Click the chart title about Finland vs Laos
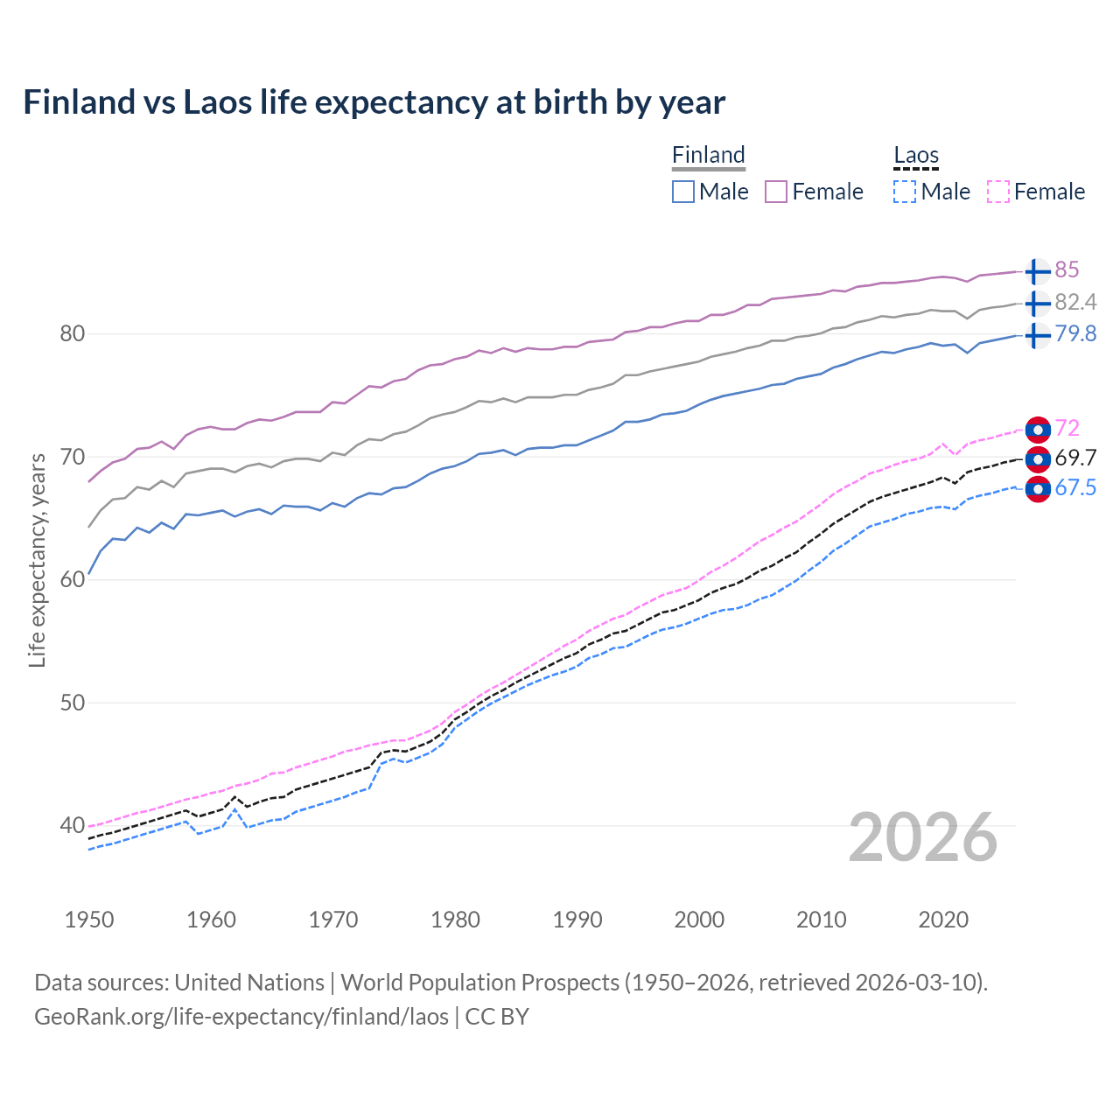point(374,102)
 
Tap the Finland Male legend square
point(683,192)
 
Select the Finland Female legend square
point(776,192)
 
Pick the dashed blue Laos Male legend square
point(905,192)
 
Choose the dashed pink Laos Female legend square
point(998,192)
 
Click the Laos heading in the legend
point(916,156)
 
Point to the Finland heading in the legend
point(709,156)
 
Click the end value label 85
point(1067,269)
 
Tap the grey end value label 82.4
point(1075,302)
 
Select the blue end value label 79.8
point(1075,333)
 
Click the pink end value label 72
point(1067,428)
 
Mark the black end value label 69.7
point(1075,458)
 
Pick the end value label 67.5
point(1075,487)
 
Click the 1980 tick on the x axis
point(455,920)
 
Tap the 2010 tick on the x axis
point(821,920)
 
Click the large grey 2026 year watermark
point(922,837)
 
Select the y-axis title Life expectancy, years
point(37,560)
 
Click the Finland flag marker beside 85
point(1037,271)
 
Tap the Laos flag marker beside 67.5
point(1037,489)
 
